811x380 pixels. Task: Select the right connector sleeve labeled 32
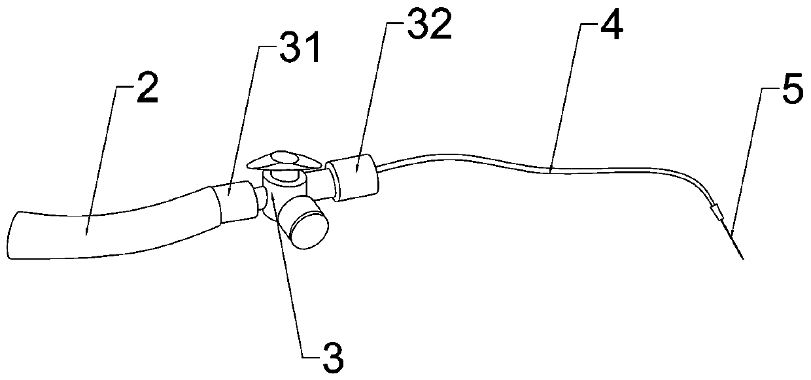[x=354, y=175]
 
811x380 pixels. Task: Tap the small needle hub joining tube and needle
[x=716, y=211]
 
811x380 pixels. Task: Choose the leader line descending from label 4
[x=564, y=98]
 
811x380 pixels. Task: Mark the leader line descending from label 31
[x=241, y=118]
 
